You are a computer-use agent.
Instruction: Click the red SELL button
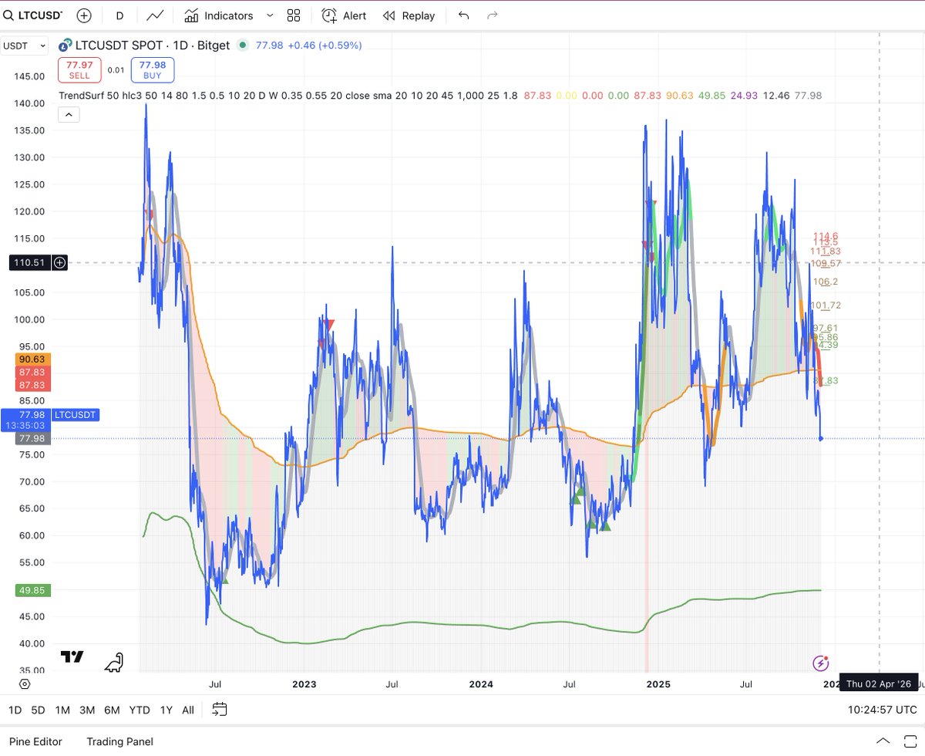pyautogui.click(x=79, y=70)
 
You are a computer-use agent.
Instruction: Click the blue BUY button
pyautogui.click(x=153, y=70)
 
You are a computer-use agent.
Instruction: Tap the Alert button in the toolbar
pyautogui.click(x=344, y=15)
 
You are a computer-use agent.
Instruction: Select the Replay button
pyautogui.click(x=409, y=15)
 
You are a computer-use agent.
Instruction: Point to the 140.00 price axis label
pyautogui.click(x=29, y=103)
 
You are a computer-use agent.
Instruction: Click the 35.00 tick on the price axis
pyautogui.click(x=29, y=670)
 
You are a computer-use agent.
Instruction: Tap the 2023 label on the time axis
pyautogui.click(x=304, y=684)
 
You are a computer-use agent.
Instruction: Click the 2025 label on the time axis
pyautogui.click(x=658, y=684)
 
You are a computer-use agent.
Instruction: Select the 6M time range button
pyautogui.click(x=112, y=710)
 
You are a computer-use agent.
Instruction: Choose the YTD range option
pyautogui.click(x=140, y=710)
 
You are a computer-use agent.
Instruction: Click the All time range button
pyautogui.click(x=188, y=710)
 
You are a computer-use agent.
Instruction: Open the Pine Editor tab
pyautogui.click(x=35, y=741)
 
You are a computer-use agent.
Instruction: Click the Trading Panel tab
pyautogui.click(x=119, y=741)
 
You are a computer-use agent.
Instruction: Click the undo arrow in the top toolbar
pyautogui.click(x=463, y=15)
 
